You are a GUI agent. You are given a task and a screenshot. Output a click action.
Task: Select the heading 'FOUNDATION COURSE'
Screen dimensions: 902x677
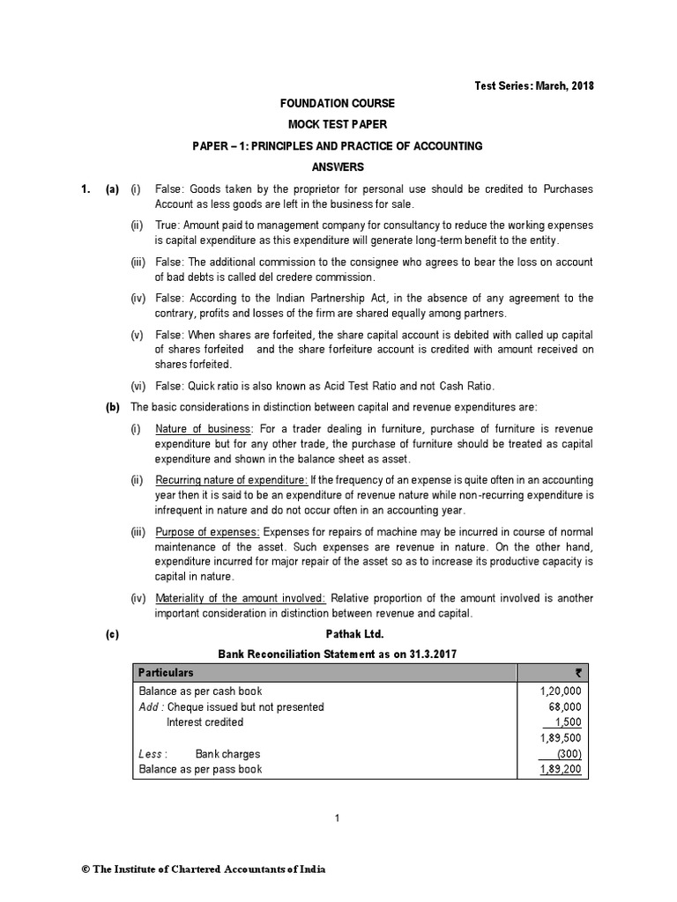point(338,104)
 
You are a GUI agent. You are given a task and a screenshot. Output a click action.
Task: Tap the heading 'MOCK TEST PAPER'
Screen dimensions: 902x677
point(338,125)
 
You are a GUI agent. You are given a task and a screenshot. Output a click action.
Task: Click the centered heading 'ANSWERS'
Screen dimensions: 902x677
point(338,166)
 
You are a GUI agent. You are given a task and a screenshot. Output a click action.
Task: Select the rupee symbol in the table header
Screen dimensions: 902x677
point(577,672)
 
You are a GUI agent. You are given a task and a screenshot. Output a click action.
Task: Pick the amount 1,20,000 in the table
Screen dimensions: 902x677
point(561,691)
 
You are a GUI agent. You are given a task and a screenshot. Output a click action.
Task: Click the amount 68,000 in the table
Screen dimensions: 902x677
point(565,706)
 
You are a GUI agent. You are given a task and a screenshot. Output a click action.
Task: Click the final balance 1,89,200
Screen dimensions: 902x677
point(561,769)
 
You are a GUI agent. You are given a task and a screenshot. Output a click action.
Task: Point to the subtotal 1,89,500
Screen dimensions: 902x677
point(561,738)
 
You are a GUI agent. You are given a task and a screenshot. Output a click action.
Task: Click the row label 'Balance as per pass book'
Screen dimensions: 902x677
point(200,769)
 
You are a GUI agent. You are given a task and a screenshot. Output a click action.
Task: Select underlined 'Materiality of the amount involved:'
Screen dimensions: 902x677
point(240,598)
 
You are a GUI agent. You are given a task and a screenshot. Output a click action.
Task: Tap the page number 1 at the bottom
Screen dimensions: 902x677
point(338,818)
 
